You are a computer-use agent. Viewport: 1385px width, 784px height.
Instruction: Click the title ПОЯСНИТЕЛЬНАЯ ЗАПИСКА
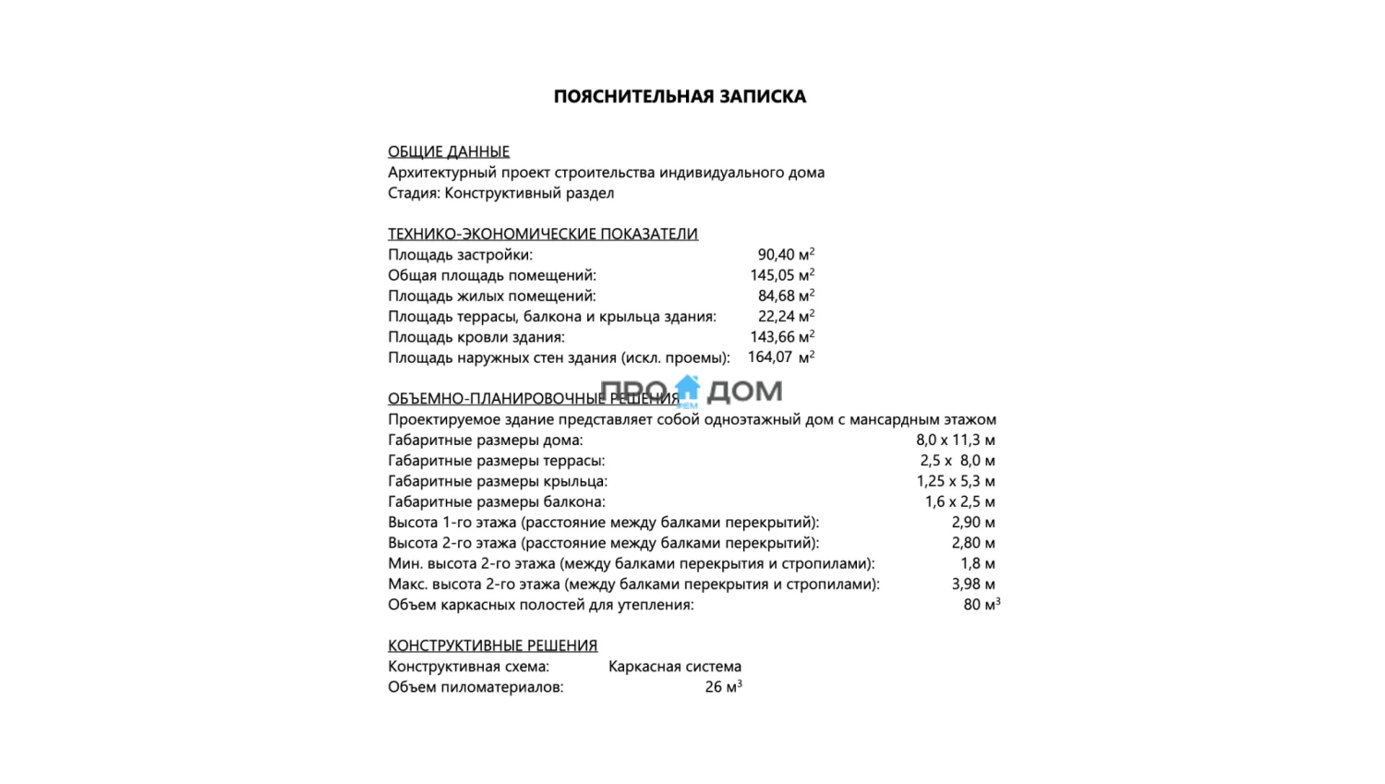click(x=680, y=97)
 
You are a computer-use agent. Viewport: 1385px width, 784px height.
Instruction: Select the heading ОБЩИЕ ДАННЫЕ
click(x=449, y=151)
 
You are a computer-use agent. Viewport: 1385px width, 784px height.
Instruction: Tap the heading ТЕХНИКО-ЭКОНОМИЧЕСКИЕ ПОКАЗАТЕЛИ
click(x=543, y=234)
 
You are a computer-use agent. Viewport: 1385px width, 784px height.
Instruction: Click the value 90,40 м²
click(x=786, y=255)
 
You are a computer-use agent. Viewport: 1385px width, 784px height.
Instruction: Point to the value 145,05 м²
click(x=782, y=275)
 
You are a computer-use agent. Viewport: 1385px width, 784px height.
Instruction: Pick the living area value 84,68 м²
click(x=786, y=296)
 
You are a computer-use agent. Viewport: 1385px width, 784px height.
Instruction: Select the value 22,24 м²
click(x=786, y=317)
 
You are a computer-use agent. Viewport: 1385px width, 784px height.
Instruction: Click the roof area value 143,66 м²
click(x=782, y=337)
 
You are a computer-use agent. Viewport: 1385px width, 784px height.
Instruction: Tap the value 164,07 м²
click(x=781, y=357)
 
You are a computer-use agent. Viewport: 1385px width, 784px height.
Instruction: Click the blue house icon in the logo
click(x=688, y=389)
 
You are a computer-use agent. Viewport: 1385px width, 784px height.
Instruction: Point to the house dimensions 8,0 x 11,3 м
click(x=956, y=440)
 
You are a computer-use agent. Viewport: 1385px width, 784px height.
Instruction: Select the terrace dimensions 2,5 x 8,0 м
click(x=957, y=461)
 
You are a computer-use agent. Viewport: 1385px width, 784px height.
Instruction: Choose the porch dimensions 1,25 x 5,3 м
click(x=956, y=481)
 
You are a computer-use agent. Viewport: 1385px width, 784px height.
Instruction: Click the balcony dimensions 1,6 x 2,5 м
click(x=960, y=502)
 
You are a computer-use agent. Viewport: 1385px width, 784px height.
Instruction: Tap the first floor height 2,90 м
click(x=973, y=523)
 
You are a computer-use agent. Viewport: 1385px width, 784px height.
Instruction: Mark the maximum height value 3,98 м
click(x=973, y=585)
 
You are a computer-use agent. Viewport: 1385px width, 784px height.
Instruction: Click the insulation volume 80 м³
click(x=982, y=605)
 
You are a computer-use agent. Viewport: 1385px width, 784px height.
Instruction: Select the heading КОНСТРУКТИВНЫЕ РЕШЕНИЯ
click(x=492, y=645)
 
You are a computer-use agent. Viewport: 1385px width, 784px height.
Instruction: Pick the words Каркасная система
click(x=675, y=667)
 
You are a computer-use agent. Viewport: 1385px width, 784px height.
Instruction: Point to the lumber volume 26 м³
click(x=723, y=687)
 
